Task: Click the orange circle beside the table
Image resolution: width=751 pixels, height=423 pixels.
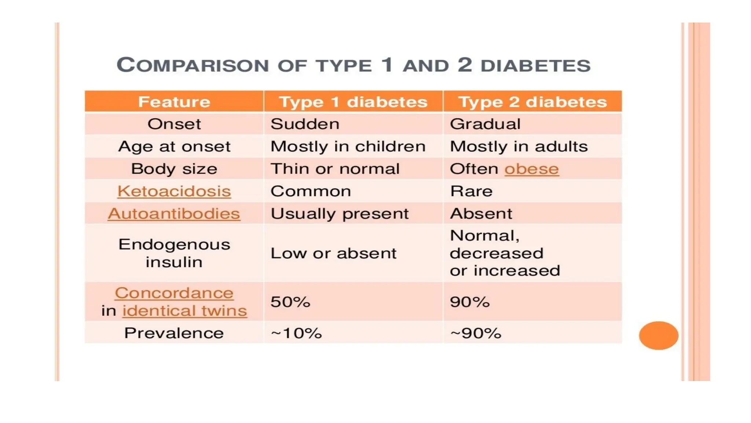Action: coord(658,335)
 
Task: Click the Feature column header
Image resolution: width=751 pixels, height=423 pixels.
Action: coord(174,102)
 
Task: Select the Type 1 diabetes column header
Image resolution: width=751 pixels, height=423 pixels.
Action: coord(353,102)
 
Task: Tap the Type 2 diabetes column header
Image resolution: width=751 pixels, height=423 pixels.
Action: coord(532,102)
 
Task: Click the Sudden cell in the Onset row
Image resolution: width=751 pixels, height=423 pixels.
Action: coord(305,124)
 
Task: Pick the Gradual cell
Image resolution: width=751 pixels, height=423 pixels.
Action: coord(485,124)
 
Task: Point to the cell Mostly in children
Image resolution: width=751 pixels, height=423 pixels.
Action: coord(348,147)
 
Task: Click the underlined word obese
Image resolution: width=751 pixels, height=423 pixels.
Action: coord(531,169)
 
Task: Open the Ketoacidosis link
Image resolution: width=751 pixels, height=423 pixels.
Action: coord(174,191)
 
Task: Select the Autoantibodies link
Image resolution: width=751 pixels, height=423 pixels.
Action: coord(174,214)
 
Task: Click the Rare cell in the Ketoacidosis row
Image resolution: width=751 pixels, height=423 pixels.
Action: coord(471,191)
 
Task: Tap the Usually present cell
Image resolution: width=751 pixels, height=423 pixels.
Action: coord(339,214)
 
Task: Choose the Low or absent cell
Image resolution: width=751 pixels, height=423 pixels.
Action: coord(333,253)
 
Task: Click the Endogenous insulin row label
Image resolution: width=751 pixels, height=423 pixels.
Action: coord(174,253)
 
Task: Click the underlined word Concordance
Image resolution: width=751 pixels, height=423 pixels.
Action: coord(174,293)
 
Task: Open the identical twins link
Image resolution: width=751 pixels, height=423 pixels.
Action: coord(184,311)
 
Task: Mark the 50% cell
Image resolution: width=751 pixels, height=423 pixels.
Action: coord(290,302)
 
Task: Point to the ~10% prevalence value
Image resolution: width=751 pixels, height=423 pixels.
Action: coord(296,333)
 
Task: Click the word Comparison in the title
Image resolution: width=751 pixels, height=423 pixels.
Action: coord(193,65)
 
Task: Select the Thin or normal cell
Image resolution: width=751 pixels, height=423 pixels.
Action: coord(335,169)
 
